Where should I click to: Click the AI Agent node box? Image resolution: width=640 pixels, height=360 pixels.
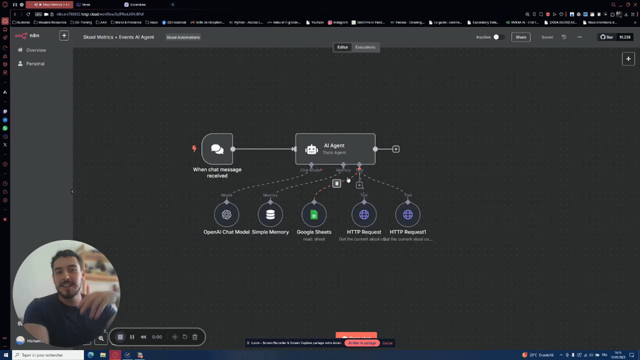(335, 149)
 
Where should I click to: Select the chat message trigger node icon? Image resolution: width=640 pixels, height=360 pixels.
(217, 149)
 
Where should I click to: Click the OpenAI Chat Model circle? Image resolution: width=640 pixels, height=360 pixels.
(226, 214)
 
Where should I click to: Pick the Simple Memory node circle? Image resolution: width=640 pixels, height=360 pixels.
(270, 214)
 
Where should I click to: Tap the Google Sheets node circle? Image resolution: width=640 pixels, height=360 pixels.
(314, 214)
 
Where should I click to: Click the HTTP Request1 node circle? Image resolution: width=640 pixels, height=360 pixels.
(407, 214)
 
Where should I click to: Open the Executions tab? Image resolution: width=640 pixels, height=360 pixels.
(365, 47)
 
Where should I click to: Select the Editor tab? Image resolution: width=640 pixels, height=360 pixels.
(342, 47)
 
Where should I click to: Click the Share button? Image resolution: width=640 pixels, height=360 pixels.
(520, 37)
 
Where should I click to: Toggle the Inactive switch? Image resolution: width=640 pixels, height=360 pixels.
(498, 37)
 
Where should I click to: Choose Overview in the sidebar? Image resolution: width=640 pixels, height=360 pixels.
(36, 50)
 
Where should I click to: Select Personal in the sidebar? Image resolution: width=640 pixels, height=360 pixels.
(35, 64)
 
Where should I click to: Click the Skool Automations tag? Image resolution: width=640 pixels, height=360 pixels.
(183, 37)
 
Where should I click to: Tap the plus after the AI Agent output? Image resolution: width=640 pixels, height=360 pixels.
(396, 149)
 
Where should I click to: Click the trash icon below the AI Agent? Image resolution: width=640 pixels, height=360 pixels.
(337, 183)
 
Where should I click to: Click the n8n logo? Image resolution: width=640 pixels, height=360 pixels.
(27, 36)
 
